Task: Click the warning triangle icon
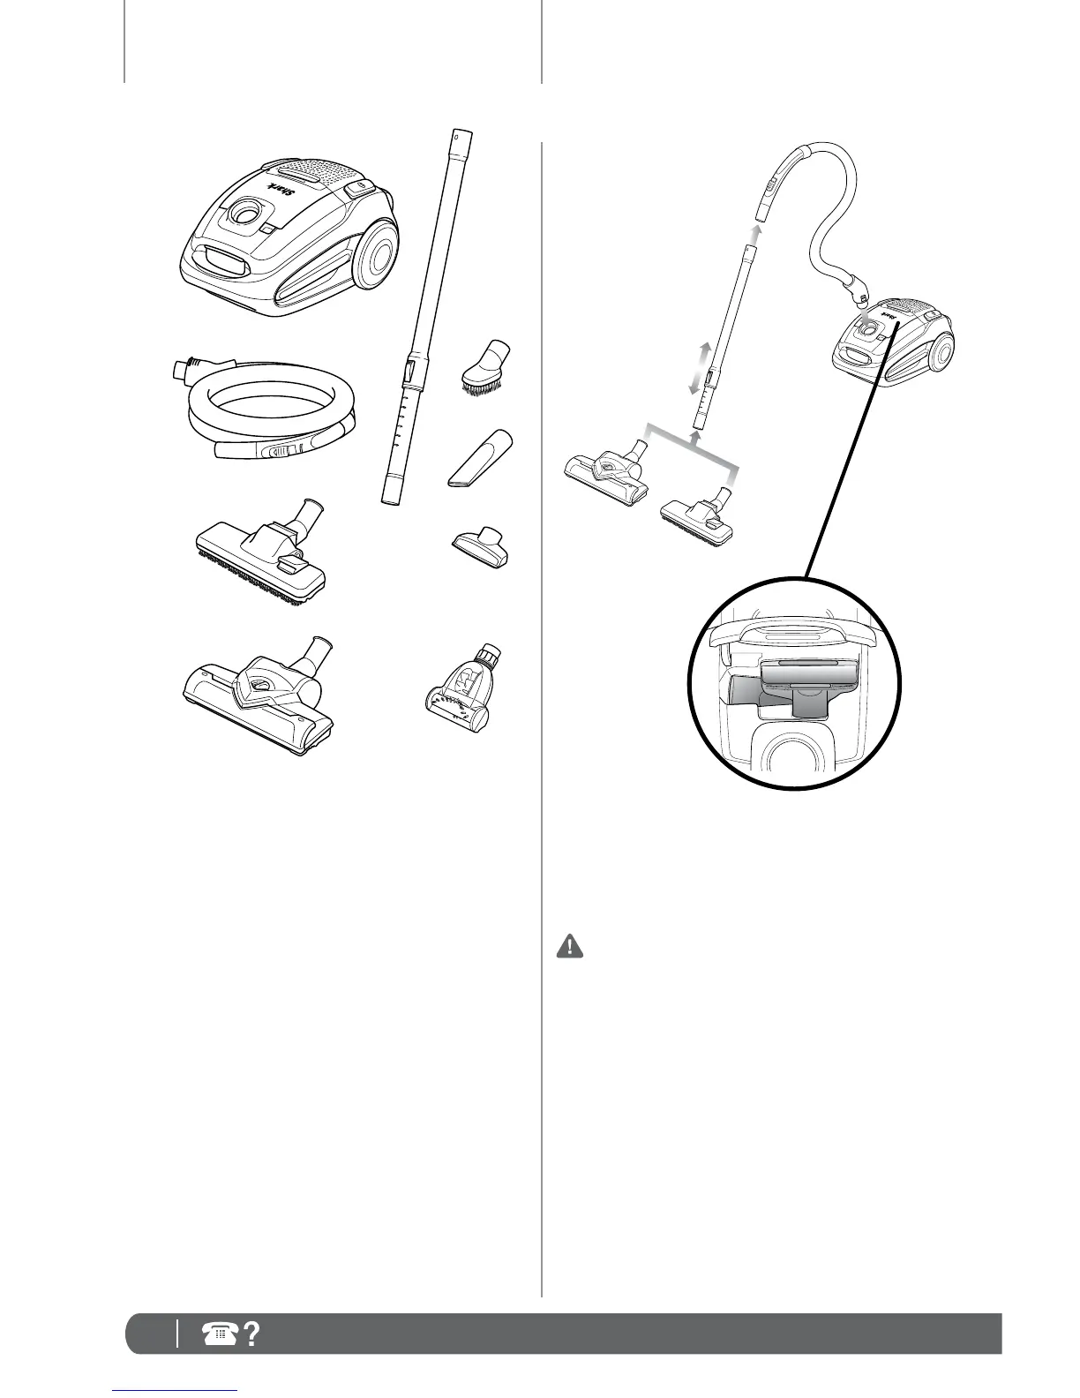[x=570, y=947]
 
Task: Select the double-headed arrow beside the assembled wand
[x=696, y=368]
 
